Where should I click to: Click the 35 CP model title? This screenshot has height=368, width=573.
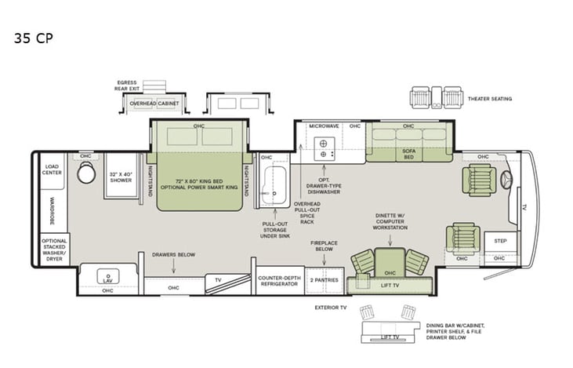pyautogui.click(x=32, y=37)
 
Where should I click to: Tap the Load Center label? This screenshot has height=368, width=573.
pyautogui.click(x=52, y=169)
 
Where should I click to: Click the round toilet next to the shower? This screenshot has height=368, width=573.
pyautogui.click(x=86, y=173)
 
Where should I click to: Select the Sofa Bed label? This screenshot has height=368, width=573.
pyautogui.click(x=408, y=154)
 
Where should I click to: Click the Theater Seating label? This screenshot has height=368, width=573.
pyautogui.click(x=490, y=99)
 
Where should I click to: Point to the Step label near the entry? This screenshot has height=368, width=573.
pyautogui.click(x=499, y=242)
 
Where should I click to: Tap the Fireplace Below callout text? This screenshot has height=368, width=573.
pyautogui.click(x=324, y=246)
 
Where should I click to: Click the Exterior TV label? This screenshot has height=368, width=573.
pyautogui.click(x=330, y=308)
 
